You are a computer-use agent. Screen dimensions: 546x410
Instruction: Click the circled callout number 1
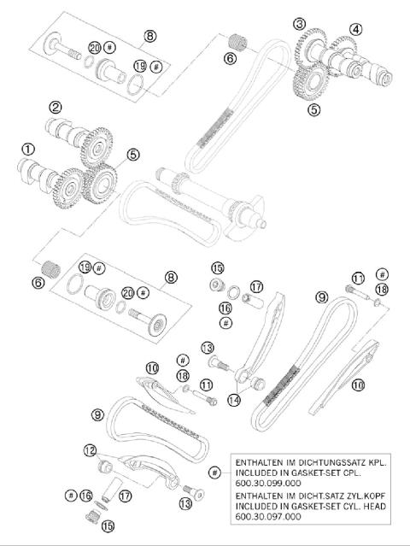[27, 148]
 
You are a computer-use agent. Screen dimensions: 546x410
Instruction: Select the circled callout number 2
[56, 108]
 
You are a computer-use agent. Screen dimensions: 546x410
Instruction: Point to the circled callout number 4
[355, 29]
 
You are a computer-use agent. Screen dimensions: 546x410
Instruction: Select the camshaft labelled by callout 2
[77, 132]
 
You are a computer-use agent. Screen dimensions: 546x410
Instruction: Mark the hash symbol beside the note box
[214, 472]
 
